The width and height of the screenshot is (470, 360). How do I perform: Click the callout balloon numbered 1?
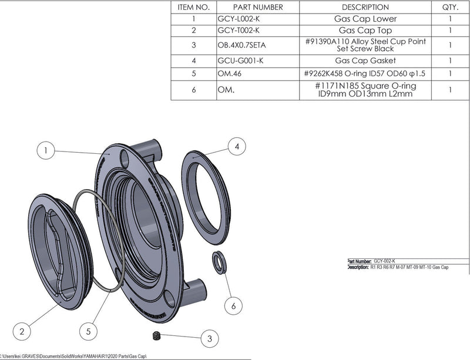pos(45,151)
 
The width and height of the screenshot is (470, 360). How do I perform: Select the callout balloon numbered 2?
pos(22,332)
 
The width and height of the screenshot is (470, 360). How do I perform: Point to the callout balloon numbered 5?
pos(88,332)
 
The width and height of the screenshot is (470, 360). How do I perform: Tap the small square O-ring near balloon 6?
pos(219,262)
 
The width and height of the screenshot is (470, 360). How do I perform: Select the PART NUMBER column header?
pos(250,7)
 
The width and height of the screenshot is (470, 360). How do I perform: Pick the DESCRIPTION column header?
pos(365,7)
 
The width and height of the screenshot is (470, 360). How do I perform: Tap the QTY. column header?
pos(449,7)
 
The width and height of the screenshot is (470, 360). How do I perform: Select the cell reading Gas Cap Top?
pos(365,30)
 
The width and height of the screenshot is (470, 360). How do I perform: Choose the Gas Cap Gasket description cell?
pos(365,60)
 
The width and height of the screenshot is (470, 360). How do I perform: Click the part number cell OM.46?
pos(229,74)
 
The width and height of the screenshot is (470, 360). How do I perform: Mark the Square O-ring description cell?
pos(365,90)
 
